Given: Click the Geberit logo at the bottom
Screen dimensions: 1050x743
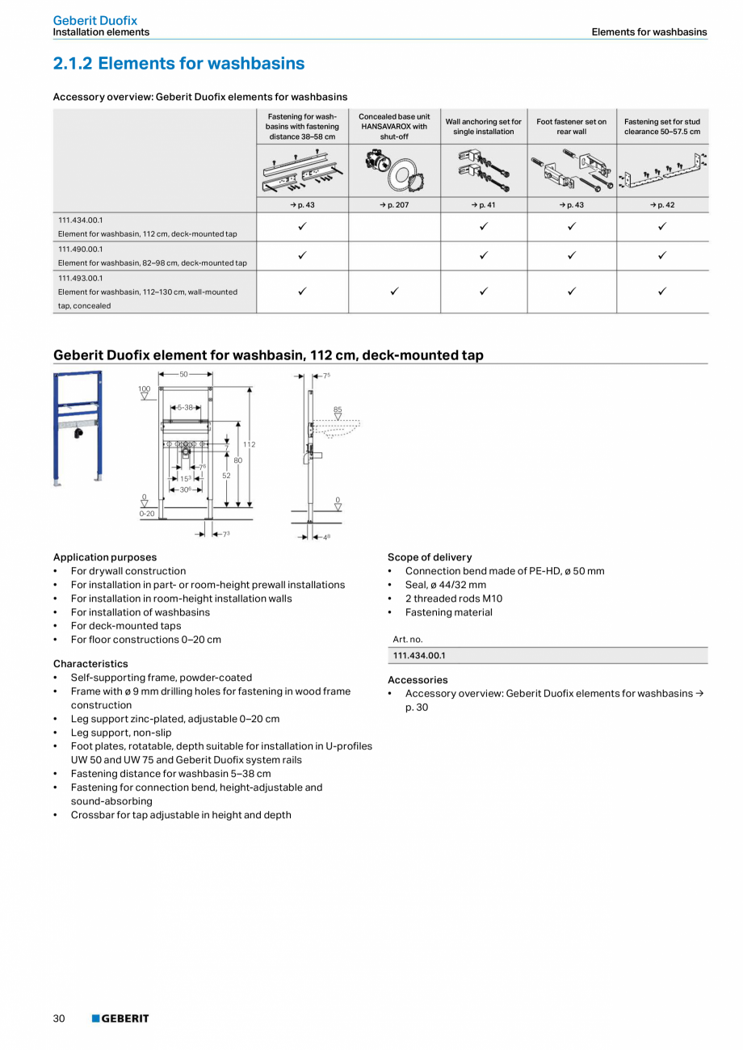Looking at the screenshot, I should tap(120, 1018).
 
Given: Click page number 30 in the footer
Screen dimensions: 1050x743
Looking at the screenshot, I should tap(59, 1018).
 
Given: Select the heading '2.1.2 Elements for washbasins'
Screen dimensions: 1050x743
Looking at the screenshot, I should tap(178, 63).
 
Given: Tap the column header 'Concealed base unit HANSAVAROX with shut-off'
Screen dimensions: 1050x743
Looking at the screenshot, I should tap(394, 126).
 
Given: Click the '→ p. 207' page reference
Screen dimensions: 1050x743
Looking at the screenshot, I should tap(394, 204).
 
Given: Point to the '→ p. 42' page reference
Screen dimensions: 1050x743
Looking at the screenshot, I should tap(662, 204).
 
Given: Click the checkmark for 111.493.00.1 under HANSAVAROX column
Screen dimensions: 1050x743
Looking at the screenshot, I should tap(394, 292).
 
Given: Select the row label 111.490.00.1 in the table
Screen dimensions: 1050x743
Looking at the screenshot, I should tap(81, 249).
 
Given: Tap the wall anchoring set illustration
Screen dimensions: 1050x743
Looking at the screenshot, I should tap(483, 170).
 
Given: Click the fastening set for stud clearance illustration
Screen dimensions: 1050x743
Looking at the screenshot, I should tap(662, 170).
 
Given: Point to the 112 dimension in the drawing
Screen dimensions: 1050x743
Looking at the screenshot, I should tap(250, 444).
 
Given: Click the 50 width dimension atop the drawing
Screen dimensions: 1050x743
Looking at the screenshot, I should tap(184, 375).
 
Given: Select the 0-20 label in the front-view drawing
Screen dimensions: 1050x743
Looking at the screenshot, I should tap(146, 513).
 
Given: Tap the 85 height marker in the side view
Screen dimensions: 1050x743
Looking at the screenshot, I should tap(338, 409).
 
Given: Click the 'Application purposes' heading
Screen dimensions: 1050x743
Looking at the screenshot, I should tap(105, 557).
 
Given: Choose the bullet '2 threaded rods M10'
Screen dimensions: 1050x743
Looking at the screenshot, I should tap(453, 598).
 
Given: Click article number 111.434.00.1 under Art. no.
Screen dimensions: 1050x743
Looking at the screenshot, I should tap(419, 656).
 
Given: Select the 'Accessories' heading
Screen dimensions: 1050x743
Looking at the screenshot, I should tap(418, 680).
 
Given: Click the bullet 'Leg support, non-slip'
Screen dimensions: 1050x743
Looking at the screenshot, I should tap(121, 733).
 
